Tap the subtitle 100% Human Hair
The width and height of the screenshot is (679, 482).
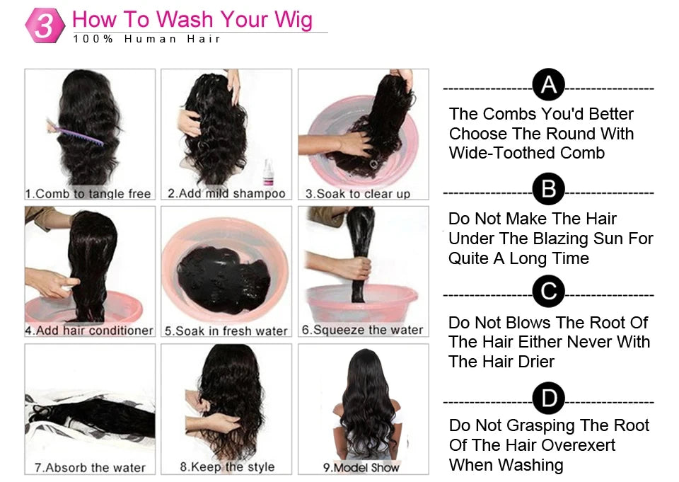pos(147,39)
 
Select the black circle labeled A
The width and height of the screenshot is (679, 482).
pos(548,85)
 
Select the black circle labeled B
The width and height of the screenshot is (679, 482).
pos(548,190)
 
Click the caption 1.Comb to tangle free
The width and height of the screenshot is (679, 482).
pos(88,193)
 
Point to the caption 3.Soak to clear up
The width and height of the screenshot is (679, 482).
pos(358,193)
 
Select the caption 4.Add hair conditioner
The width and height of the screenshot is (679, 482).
pos(89,331)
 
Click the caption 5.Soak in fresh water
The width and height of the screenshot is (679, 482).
pos(226,331)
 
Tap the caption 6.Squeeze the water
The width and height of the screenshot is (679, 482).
pos(362,330)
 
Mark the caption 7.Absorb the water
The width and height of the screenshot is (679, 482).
pos(90,467)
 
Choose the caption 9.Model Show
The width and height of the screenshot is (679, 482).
pos(361,467)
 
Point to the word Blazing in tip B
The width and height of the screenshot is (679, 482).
pos(575,239)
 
